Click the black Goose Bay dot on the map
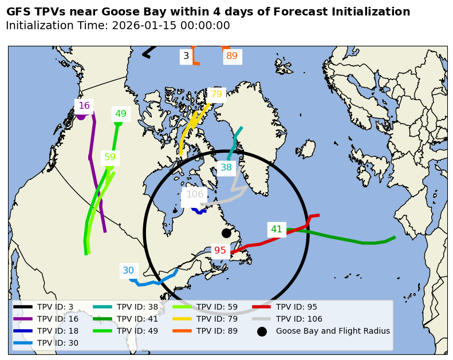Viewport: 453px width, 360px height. tap(226, 233)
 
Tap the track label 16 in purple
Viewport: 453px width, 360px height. tap(84, 106)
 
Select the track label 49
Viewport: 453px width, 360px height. tap(120, 114)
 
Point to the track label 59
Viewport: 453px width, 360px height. tap(110, 157)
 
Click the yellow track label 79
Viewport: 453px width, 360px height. tap(216, 94)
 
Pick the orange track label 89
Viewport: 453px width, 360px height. tap(232, 56)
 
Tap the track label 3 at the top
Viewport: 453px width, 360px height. tap(186, 56)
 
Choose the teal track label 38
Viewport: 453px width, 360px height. tap(226, 168)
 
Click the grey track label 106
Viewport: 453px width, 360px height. tap(195, 195)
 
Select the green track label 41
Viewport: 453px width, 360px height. tap(277, 230)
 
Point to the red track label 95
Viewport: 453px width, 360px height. tap(220, 251)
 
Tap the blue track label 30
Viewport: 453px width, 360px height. tap(128, 271)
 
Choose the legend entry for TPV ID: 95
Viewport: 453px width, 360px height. tap(296, 307)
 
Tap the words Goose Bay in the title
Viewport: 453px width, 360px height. tap(123, 12)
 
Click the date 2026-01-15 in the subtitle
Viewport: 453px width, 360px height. tap(141, 26)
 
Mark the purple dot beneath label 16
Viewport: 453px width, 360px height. tap(81, 116)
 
